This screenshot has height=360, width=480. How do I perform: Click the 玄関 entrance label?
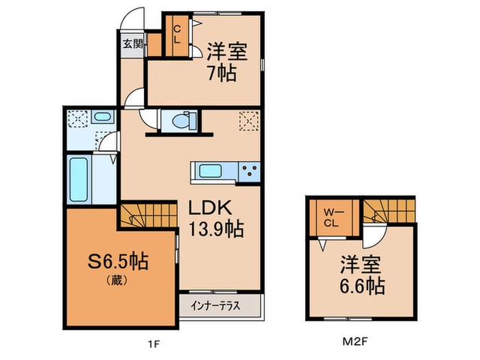click(133, 44)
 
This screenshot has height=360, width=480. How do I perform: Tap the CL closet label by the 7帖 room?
click(177, 34)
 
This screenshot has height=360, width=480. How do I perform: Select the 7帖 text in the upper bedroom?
click(221, 73)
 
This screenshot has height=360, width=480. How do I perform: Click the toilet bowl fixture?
click(184, 121)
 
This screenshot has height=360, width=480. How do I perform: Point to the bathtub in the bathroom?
click(78, 180)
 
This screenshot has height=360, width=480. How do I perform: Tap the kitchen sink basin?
click(211, 171)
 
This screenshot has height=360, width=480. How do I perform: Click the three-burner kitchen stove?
click(249, 171)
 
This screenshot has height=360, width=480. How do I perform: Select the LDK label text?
click(210, 208)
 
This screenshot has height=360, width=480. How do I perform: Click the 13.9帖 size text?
click(216, 228)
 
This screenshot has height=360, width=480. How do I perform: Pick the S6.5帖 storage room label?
click(118, 261)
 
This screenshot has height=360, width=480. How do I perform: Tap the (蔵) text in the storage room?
click(117, 280)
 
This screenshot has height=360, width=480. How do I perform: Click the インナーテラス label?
click(215, 306)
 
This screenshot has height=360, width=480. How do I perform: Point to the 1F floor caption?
click(154, 344)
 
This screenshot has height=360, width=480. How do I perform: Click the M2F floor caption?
click(355, 341)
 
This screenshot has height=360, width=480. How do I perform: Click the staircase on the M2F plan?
click(389, 211)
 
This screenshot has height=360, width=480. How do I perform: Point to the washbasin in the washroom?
click(102, 117)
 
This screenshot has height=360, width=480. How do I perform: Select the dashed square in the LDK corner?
click(248, 121)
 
